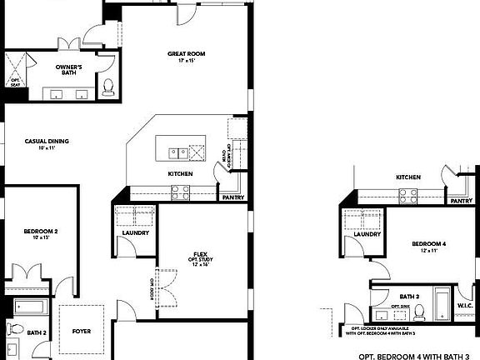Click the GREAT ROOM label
coord(186,54)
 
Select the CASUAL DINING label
coord(47,141)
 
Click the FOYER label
coord(82,331)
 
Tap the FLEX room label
coord(200,253)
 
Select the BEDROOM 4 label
coord(429,243)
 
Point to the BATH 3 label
coord(408,296)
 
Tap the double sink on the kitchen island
coord(177,152)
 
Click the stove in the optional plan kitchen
coord(407,197)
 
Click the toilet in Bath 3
coord(420,312)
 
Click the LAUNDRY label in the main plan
coord(135,232)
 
